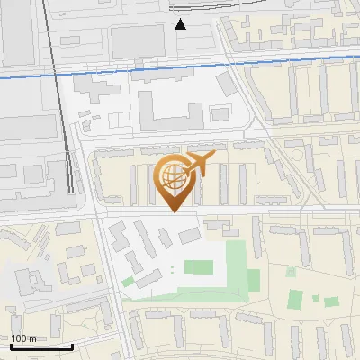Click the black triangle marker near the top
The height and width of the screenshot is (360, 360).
point(181,23)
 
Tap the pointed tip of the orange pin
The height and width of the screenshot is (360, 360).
point(175,211)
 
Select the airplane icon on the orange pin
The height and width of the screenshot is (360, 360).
point(200,165)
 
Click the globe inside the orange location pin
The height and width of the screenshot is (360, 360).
point(174,179)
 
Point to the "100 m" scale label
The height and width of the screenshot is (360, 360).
point(23,337)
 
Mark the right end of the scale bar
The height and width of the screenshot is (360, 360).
point(73,346)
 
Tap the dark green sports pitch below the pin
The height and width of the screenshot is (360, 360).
point(197,267)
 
